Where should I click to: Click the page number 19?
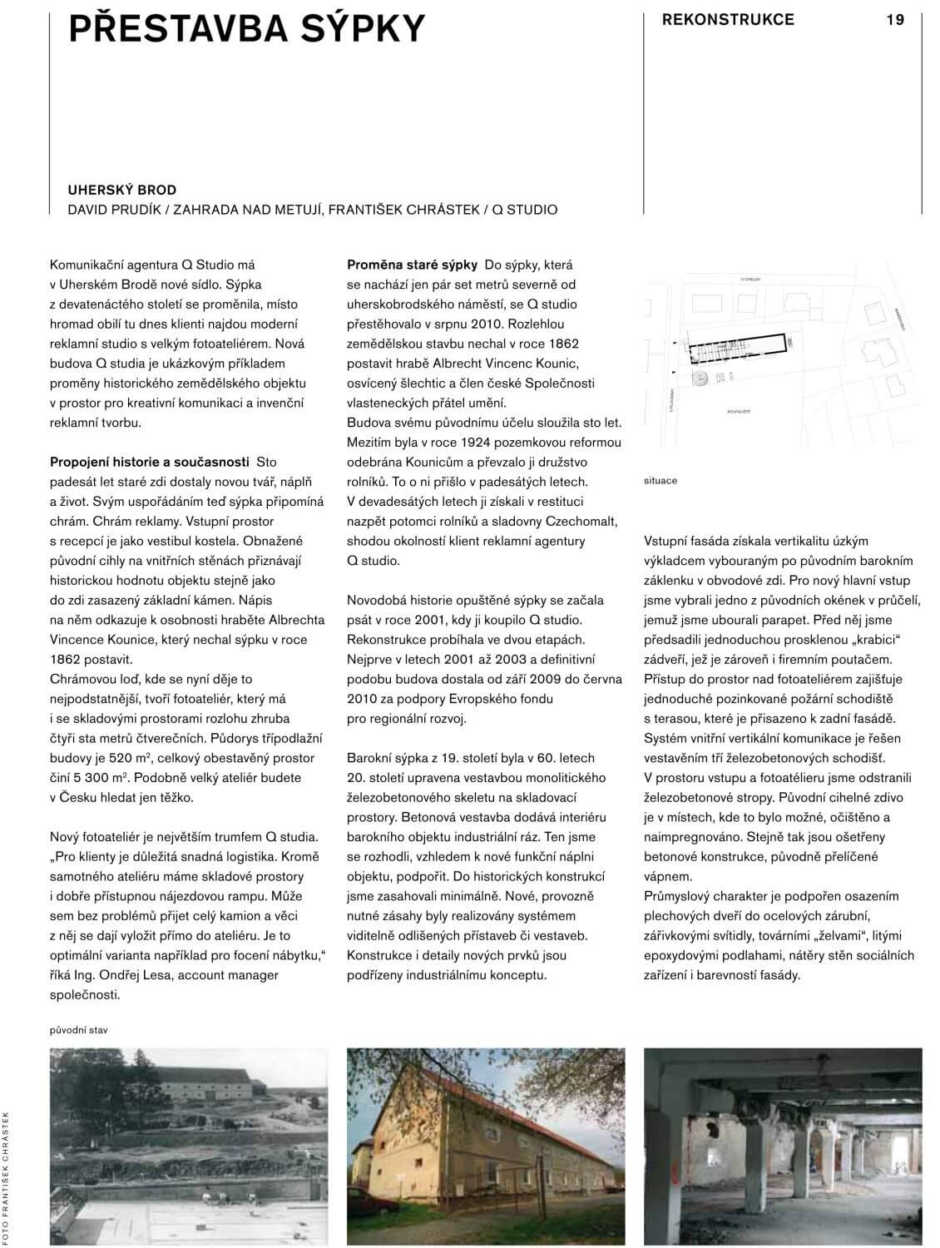pos(895,19)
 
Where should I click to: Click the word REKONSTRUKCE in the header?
pos(728,19)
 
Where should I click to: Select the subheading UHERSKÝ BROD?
pos(121,191)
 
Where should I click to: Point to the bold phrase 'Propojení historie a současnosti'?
pos(150,462)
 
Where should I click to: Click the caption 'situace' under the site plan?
pos(660,481)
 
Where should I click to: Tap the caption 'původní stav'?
pos(79,1030)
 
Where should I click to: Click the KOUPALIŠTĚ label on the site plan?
pos(738,410)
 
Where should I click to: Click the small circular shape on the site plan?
pos(701,379)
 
